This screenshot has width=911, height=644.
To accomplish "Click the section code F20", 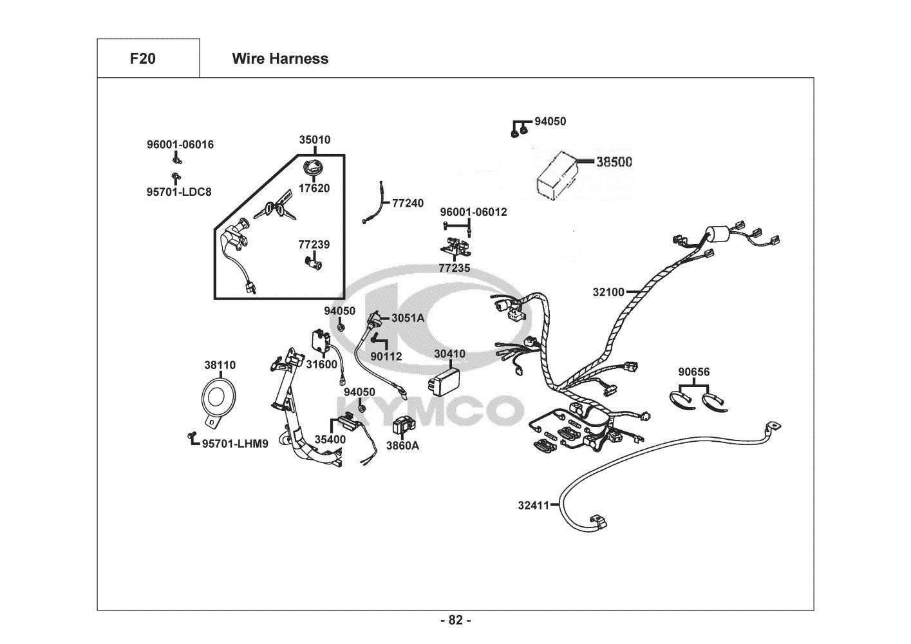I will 142,59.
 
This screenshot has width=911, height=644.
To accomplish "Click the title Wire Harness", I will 280,59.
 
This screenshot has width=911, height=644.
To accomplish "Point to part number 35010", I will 315,140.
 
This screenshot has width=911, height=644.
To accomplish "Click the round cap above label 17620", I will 315,169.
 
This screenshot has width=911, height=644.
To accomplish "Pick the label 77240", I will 408,204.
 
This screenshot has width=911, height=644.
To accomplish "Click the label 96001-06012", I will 474,212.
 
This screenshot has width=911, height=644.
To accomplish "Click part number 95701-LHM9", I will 235,443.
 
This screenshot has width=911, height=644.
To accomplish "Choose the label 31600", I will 321,365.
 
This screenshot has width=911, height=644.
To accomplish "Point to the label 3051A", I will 408,317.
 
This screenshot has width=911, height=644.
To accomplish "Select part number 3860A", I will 402,445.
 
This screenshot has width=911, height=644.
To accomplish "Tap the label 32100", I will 608,292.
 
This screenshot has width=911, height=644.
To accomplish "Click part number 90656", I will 694,372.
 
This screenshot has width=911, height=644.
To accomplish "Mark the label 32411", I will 534,506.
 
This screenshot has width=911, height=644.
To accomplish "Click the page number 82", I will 456,620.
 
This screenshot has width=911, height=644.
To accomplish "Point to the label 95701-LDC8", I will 179,191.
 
